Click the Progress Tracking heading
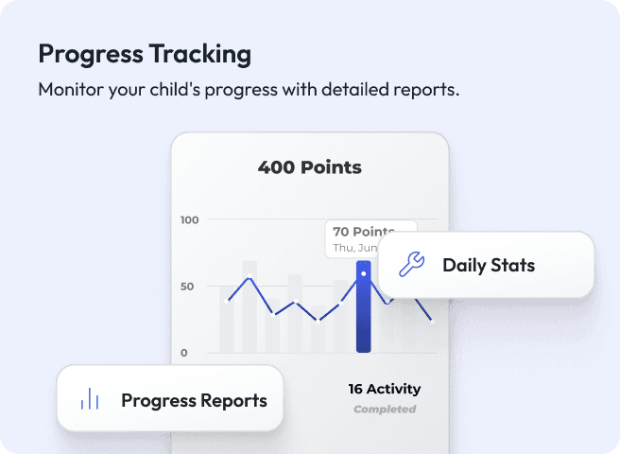tap(145, 54)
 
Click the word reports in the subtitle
tap(427, 92)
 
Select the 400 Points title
tap(309, 168)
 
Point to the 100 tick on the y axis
tap(190, 220)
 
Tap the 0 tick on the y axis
tap(184, 353)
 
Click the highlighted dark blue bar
tap(364, 322)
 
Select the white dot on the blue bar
tap(364, 273)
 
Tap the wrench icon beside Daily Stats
tap(411, 265)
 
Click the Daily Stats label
tap(489, 265)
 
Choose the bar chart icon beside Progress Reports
tap(90, 399)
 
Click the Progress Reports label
tap(194, 400)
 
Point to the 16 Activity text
tap(384, 389)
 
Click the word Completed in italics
tap(384, 410)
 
